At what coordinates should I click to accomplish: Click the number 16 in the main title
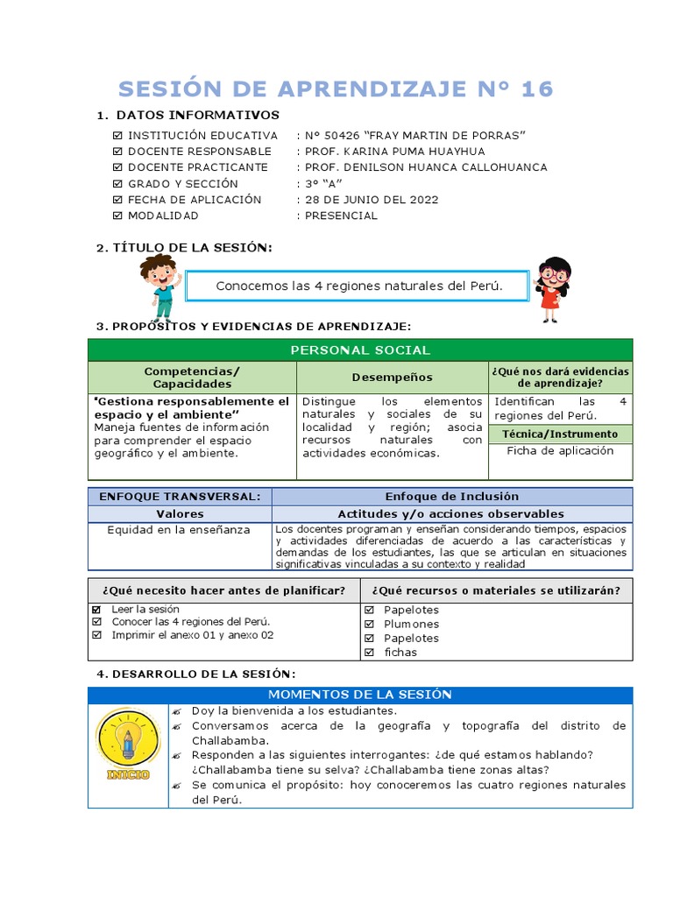click(x=536, y=89)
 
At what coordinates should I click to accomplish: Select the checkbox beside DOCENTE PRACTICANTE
click(x=118, y=167)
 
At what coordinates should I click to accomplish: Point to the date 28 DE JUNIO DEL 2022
click(x=372, y=200)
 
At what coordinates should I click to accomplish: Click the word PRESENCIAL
click(x=341, y=215)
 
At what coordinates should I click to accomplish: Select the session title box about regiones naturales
click(x=359, y=286)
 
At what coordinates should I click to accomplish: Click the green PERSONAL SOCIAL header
click(x=359, y=350)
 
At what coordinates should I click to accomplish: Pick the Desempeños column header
click(x=392, y=377)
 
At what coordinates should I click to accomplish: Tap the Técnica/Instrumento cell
click(x=560, y=434)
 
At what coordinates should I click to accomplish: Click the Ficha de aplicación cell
click(x=560, y=451)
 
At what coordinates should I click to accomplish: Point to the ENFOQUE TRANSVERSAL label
click(x=180, y=497)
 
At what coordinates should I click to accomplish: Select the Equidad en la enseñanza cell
click(x=179, y=530)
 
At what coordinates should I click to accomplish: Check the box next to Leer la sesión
click(x=96, y=610)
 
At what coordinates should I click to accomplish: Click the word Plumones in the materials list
click(x=411, y=625)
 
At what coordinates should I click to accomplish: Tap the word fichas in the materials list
click(x=400, y=653)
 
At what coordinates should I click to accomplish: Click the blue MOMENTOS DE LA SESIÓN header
click(x=359, y=695)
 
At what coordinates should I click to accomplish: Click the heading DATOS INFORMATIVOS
click(x=197, y=116)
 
